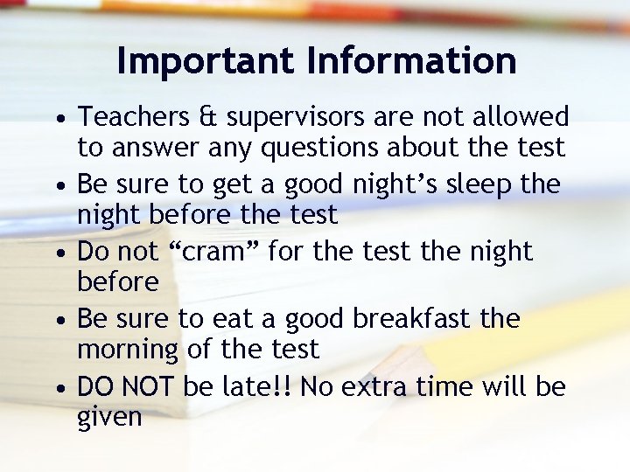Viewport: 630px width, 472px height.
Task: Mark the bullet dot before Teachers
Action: coord(57,119)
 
